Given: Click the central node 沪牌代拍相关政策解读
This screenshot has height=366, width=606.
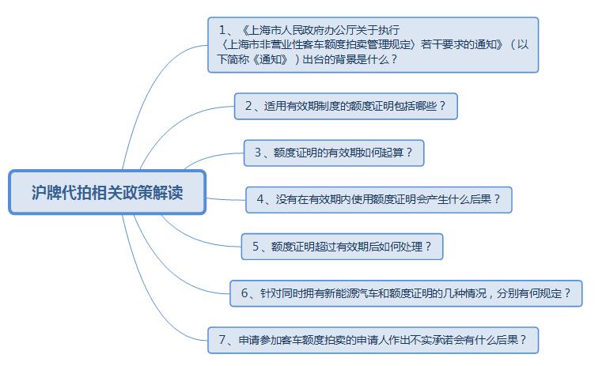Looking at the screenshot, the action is click(x=107, y=192).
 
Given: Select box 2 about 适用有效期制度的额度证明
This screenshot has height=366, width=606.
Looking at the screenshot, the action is click(x=346, y=106).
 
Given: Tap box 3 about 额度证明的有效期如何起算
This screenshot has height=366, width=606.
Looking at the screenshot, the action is click(x=334, y=153).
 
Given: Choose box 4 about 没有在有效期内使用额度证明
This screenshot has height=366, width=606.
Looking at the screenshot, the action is click(x=379, y=200).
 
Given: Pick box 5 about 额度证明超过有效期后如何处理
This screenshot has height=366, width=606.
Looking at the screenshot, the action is click(x=342, y=247).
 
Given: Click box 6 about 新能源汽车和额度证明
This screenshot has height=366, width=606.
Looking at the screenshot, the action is click(x=406, y=293).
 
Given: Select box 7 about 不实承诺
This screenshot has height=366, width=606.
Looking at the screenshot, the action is click(x=373, y=340).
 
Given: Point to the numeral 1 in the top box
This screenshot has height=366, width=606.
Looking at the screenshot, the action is click(x=222, y=30).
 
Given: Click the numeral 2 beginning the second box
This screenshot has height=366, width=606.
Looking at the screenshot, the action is click(x=249, y=106).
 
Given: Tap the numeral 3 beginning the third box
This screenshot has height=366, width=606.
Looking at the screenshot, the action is click(x=258, y=153).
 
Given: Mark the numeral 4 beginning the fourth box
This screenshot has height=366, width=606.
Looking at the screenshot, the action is click(x=260, y=199).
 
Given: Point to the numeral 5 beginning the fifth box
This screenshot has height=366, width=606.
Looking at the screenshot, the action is click(x=256, y=247).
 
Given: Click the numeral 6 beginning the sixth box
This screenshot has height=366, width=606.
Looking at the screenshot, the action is click(x=244, y=293).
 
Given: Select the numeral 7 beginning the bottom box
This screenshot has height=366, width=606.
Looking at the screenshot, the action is click(x=222, y=340).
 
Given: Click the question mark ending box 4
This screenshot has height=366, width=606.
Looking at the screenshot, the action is click(x=497, y=199).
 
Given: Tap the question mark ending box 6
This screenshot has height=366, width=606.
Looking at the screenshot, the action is click(x=567, y=293).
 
